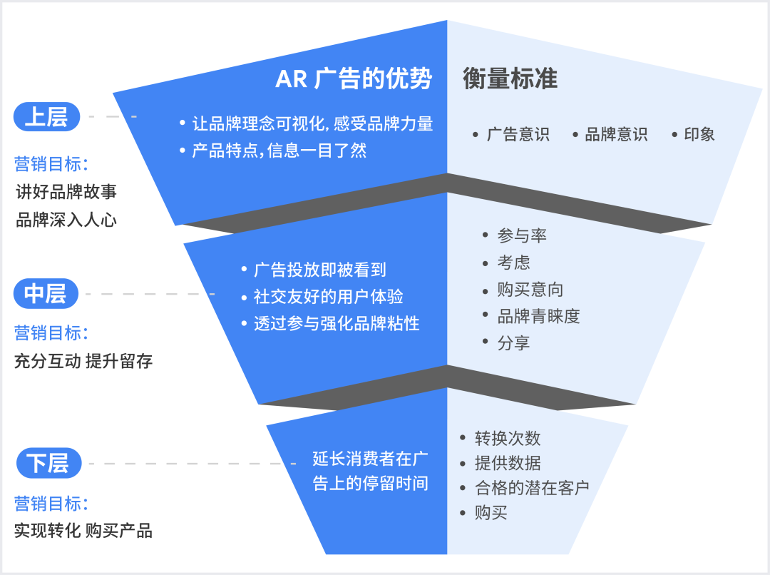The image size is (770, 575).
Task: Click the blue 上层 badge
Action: coord(46,117)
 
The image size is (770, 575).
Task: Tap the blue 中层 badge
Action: coord(46,293)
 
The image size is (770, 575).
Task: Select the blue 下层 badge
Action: coord(48,464)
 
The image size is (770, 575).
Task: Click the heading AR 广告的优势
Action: coord(354,79)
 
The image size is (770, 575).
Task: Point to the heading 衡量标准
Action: coord(510,79)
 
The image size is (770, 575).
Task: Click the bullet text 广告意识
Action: coord(518,134)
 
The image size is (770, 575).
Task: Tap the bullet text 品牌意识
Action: coord(616,134)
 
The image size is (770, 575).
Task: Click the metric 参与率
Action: coord(522,235)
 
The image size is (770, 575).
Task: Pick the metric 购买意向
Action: coord(530,289)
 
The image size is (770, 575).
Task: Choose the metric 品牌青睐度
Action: coord(538,316)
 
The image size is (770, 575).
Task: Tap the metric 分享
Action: coord(514,343)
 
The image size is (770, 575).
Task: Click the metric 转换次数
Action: coord(508,438)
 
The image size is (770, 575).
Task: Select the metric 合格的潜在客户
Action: coord(532,488)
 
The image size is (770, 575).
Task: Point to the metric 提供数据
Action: coord(508,463)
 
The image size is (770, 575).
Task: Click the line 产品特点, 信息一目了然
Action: coord(279,151)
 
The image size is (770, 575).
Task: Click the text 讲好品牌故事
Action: coord(66,192)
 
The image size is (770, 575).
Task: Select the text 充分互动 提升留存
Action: coord(83,361)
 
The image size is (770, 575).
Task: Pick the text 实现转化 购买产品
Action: coord(83,531)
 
